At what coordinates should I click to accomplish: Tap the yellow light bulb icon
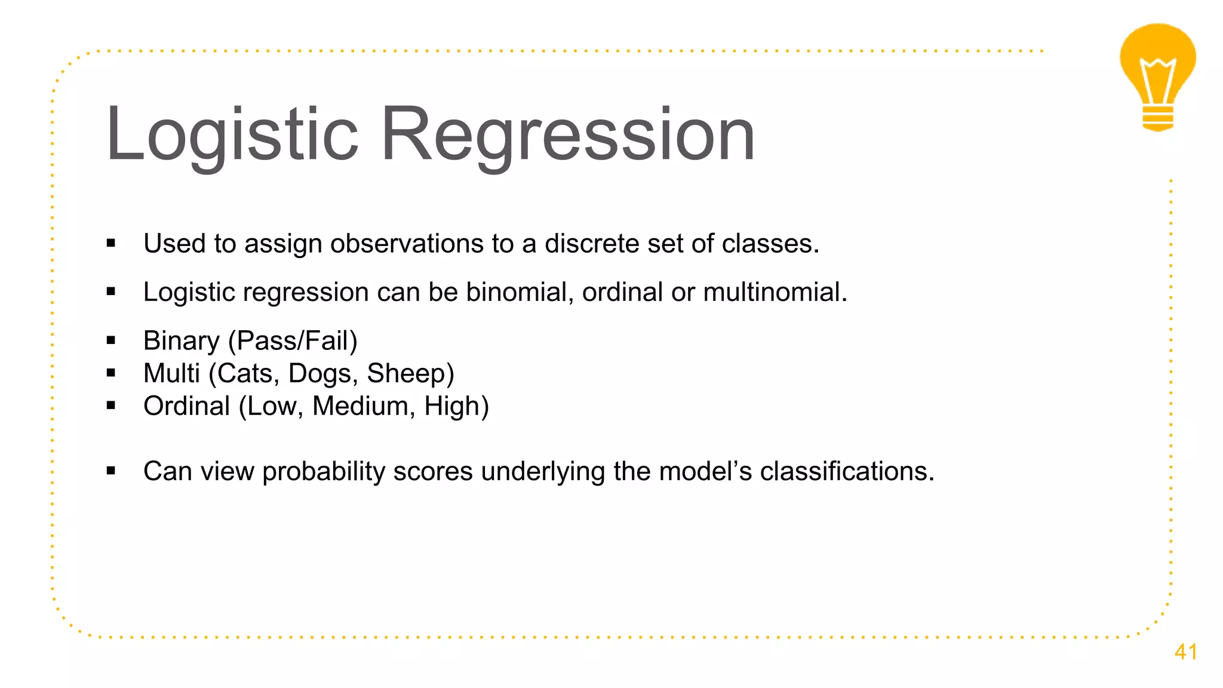(x=1157, y=76)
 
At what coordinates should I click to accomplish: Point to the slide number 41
(x=1185, y=652)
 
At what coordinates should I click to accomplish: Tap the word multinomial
(x=775, y=292)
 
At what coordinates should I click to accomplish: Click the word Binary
(x=182, y=341)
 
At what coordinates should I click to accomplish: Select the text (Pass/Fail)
(x=293, y=341)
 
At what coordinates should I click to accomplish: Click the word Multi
(x=171, y=373)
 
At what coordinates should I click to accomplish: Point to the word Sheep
(x=407, y=373)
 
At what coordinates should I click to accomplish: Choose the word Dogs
(x=322, y=373)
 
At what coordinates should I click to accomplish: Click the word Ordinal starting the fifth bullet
(x=186, y=406)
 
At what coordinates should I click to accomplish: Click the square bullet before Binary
(x=110, y=341)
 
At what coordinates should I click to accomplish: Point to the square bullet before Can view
(x=110, y=471)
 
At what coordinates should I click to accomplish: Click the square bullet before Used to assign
(x=110, y=244)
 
